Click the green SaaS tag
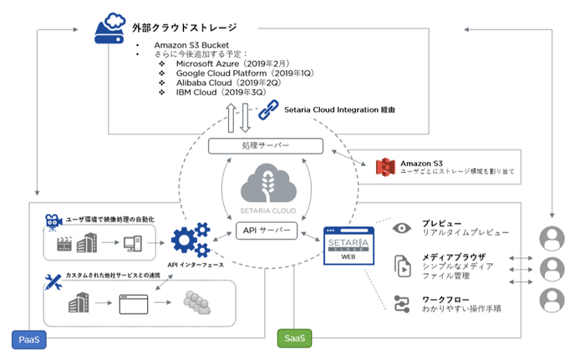click(293, 339)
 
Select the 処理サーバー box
click(266, 146)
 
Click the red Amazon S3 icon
click(384, 166)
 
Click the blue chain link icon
click(267, 109)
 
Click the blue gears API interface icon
click(190, 240)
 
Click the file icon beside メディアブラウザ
click(401, 266)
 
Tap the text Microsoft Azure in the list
click(207, 63)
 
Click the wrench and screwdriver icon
click(52, 279)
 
